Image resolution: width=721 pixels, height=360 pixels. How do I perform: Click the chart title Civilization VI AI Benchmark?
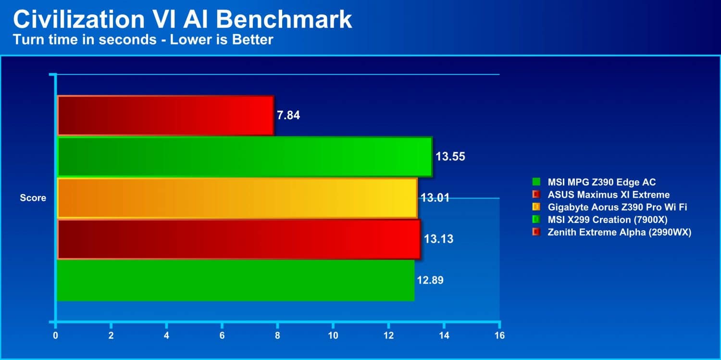coord(183,19)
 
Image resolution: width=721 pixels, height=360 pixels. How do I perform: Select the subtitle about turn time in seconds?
coord(143,39)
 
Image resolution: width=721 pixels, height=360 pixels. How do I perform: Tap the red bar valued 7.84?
coord(166,115)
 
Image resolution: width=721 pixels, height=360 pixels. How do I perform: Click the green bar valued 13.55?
coord(245,157)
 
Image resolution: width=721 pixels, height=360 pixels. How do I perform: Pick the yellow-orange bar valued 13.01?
coord(237,198)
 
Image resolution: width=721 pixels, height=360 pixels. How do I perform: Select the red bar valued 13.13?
coord(239,239)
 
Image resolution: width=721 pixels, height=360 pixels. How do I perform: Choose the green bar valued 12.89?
coord(236,281)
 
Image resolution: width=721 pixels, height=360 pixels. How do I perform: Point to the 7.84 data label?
coord(288,115)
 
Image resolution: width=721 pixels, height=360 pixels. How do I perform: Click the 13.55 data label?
coord(450,157)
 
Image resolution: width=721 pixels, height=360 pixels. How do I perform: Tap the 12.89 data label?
coord(430,280)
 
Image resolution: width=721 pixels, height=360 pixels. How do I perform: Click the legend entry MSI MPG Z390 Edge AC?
coord(594,182)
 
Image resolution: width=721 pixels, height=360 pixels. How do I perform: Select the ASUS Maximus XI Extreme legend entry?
coord(601,195)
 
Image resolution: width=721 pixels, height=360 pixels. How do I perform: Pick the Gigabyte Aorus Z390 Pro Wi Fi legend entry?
coord(609,207)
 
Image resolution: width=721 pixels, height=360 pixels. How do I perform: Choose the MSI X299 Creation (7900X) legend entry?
coord(600,220)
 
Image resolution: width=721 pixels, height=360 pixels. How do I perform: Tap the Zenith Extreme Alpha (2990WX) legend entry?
coord(612,232)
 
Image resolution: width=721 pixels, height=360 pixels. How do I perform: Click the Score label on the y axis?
coord(33,198)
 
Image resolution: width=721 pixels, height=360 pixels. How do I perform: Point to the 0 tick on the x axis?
coord(56,335)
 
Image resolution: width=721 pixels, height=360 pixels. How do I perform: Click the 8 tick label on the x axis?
coord(277,335)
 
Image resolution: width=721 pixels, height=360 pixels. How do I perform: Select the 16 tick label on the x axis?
coord(499,335)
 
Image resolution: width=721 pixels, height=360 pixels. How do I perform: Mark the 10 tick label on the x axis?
coord(333,335)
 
